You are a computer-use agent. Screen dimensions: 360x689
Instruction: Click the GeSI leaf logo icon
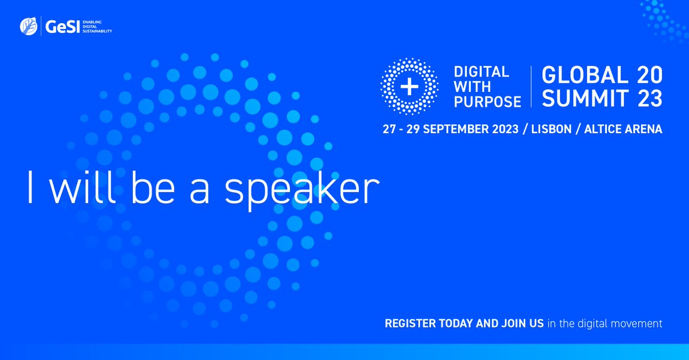click(x=28, y=26)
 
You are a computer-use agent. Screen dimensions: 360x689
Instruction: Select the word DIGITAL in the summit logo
click(x=481, y=73)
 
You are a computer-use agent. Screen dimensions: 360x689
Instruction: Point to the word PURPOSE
click(x=487, y=102)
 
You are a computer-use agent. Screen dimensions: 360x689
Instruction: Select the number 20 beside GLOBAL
click(x=649, y=75)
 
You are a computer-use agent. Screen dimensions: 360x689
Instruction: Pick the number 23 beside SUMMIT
click(x=649, y=99)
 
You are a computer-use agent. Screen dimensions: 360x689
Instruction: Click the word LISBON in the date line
click(x=551, y=129)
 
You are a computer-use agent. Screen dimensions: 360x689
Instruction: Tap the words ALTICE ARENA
click(x=623, y=129)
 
